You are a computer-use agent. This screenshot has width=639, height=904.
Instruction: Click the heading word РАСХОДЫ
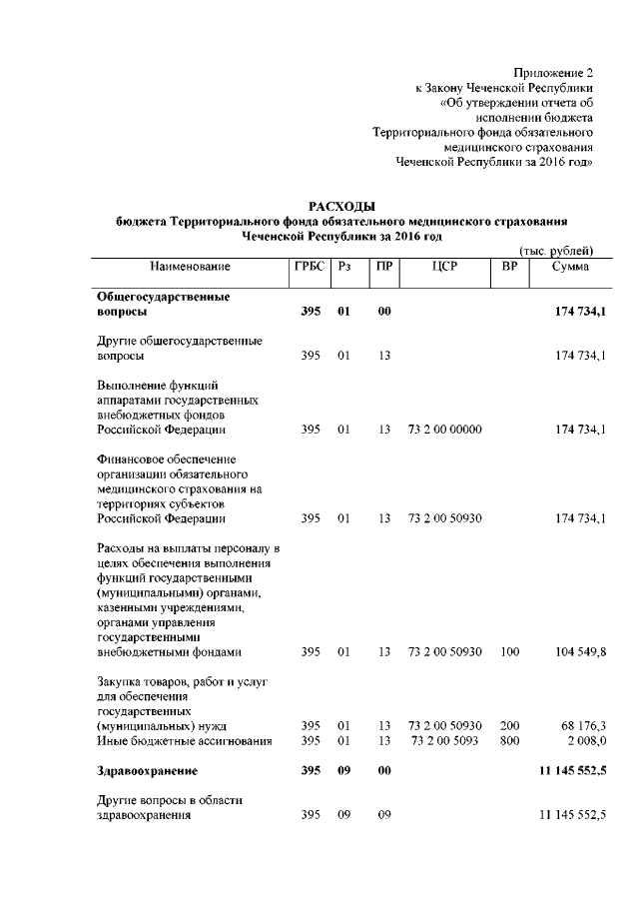(x=341, y=205)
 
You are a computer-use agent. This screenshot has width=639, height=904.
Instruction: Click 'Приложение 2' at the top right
(x=553, y=73)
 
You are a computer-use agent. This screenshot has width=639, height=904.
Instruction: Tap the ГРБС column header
(x=309, y=267)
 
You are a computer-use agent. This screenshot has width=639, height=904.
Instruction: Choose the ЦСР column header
(x=445, y=267)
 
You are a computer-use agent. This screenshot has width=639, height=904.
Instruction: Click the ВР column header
(x=509, y=267)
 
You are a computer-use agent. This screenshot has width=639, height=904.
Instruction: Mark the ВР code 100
(x=510, y=652)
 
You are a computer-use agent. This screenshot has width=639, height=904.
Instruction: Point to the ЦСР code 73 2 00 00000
(x=445, y=430)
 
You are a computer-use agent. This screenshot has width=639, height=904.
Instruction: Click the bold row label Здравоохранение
(x=147, y=771)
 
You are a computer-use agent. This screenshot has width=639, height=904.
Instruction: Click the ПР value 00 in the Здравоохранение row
(x=384, y=771)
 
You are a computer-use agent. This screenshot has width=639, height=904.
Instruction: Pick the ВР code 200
(x=510, y=724)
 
